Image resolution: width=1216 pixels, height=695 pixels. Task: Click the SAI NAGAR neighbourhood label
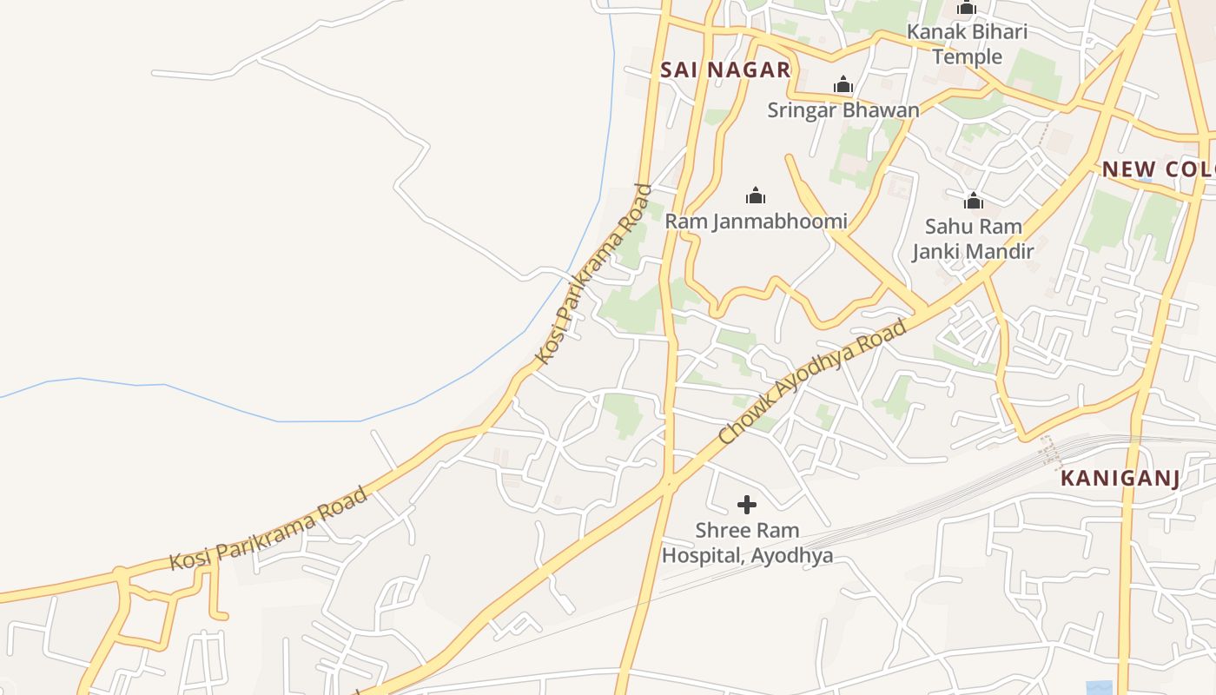point(725,70)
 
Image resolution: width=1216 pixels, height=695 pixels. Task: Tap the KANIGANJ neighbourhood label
point(1120,479)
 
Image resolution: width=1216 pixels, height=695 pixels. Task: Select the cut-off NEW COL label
point(1158,169)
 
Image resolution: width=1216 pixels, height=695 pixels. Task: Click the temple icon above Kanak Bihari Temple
point(967,9)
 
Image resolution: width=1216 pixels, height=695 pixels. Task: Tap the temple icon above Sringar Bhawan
point(843,85)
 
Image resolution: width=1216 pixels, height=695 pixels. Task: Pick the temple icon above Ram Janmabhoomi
point(756,195)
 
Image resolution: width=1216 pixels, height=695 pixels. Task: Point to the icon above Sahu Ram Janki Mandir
point(973,202)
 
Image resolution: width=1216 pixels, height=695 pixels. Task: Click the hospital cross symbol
point(746,505)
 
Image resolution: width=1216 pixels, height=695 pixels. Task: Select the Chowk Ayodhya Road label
point(813,382)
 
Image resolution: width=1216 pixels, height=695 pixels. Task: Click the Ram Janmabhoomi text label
point(756,221)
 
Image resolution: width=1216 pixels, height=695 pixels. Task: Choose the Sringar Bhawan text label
point(843,110)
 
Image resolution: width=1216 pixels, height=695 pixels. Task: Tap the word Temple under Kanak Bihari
point(967,57)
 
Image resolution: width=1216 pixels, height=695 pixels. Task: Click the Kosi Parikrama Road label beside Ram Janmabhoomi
point(593,274)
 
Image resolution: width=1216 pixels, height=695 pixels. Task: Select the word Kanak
point(932,32)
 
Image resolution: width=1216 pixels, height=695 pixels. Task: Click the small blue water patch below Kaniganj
point(1099,687)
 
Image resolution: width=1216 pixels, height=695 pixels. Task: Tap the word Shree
point(722,531)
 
